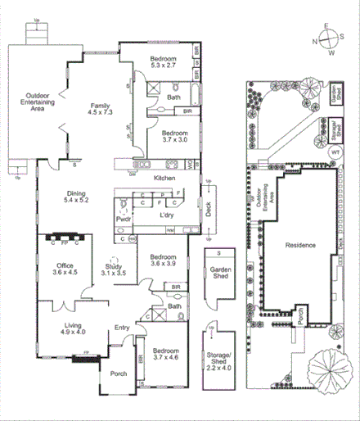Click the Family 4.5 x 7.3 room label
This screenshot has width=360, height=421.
pos(101,110)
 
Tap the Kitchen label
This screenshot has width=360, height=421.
pos(165,178)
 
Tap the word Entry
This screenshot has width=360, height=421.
pos(122,328)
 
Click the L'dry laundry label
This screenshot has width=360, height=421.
pos(166,215)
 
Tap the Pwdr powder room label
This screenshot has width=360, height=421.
pos(124,220)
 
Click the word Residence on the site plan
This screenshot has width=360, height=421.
pos(299,245)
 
